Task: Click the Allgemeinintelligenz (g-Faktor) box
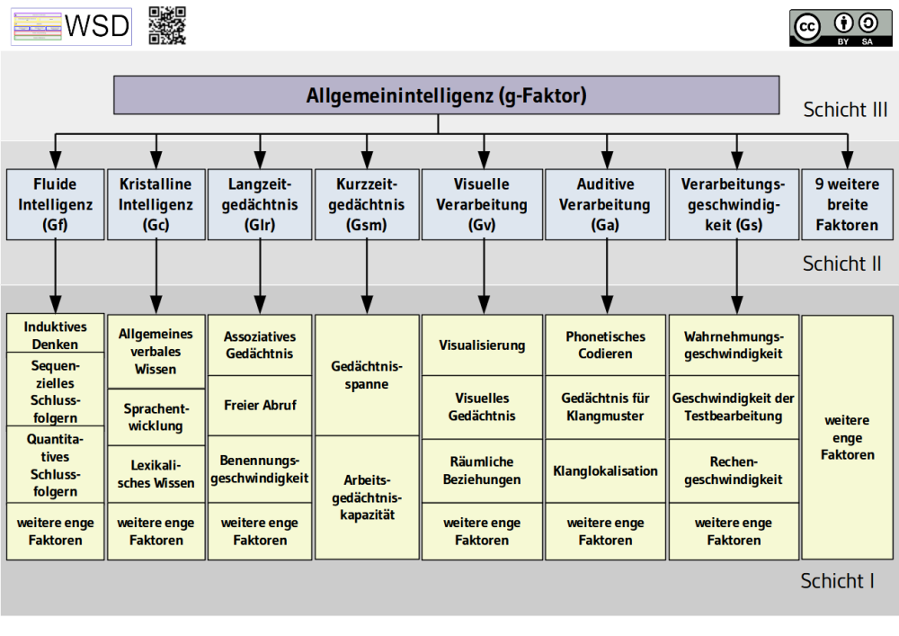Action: [446, 95]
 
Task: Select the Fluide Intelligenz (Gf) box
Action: [55, 204]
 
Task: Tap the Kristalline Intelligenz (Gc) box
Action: [156, 204]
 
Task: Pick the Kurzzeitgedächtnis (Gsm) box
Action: [366, 204]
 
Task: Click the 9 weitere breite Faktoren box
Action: [847, 204]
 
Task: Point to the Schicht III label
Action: [845, 110]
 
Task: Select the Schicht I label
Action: [837, 581]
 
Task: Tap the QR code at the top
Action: [167, 25]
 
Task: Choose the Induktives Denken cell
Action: [55, 335]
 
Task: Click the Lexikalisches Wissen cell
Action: [156, 474]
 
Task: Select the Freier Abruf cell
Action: [260, 405]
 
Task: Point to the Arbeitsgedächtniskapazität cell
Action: [366, 497]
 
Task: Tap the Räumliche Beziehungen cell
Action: [482, 470]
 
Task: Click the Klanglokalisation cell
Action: [605, 470]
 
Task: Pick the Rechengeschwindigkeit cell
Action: [734, 470]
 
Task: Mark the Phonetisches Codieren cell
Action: [605, 345]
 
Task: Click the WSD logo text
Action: [97, 27]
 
